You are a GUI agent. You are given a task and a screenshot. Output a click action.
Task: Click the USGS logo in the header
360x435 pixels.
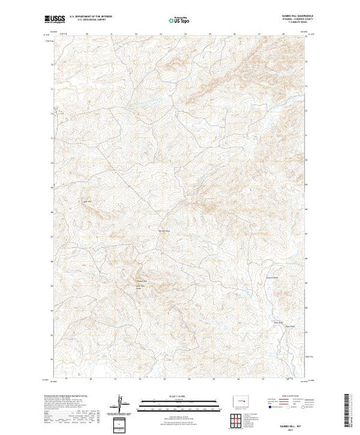(x=60, y=18)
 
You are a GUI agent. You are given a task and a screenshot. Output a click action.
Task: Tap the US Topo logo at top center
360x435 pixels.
(x=180, y=21)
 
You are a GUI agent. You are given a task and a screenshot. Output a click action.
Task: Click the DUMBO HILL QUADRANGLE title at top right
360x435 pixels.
(x=287, y=16)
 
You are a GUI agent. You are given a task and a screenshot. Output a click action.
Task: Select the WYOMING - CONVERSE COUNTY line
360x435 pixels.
(x=289, y=20)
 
